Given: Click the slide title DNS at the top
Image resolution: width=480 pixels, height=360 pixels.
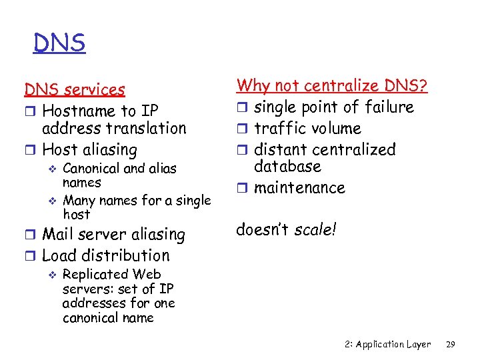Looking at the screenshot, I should tap(59, 43).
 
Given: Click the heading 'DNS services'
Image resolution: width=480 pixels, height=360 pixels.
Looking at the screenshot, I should tap(75, 89).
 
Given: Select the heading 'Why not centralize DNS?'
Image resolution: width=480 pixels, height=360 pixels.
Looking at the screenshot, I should tap(332, 86).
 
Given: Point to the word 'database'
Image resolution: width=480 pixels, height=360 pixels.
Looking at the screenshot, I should tap(287, 166).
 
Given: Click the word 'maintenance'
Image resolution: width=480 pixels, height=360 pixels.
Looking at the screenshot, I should tap(299, 188).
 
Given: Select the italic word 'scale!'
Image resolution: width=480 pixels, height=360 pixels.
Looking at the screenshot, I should tap(316, 230).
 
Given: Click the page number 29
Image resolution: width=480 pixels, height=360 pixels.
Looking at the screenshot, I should tap(450, 345).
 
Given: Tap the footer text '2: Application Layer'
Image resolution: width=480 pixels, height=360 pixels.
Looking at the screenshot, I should tap(389, 345).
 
